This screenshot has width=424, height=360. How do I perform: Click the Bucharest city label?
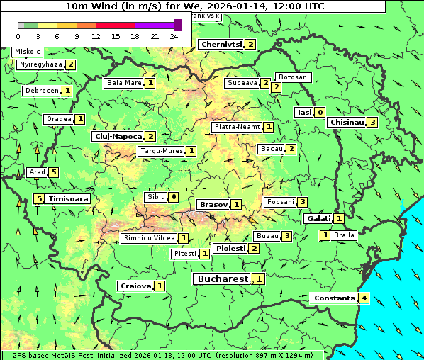(x=223, y=279)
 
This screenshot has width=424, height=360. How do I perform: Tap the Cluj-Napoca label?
(x=118, y=136)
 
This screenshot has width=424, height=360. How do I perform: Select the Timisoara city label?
(x=68, y=199)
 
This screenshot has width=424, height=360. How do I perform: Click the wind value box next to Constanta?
(x=364, y=298)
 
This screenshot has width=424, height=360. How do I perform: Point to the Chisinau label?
(x=347, y=122)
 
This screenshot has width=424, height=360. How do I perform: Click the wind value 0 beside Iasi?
(x=320, y=112)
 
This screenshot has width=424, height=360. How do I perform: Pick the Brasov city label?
(x=213, y=204)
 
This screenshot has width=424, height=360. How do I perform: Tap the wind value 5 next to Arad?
(x=53, y=172)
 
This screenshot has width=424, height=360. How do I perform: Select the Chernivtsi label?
(x=221, y=44)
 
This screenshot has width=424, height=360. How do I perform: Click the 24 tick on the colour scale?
(x=174, y=35)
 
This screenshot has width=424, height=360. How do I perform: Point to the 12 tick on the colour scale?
(x=96, y=35)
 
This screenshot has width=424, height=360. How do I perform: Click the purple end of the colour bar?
(x=177, y=25)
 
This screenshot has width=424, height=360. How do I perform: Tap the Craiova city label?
(x=135, y=286)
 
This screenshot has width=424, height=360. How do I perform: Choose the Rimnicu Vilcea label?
(x=148, y=238)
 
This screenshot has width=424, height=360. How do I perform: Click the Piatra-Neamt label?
(x=238, y=127)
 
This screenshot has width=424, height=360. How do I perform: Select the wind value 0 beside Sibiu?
(x=174, y=196)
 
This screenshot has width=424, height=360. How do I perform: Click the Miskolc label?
(x=28, y=52)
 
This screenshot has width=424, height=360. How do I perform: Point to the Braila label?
(x=344, y=235)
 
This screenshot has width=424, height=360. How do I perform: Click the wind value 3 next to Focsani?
(x=303, y=202)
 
